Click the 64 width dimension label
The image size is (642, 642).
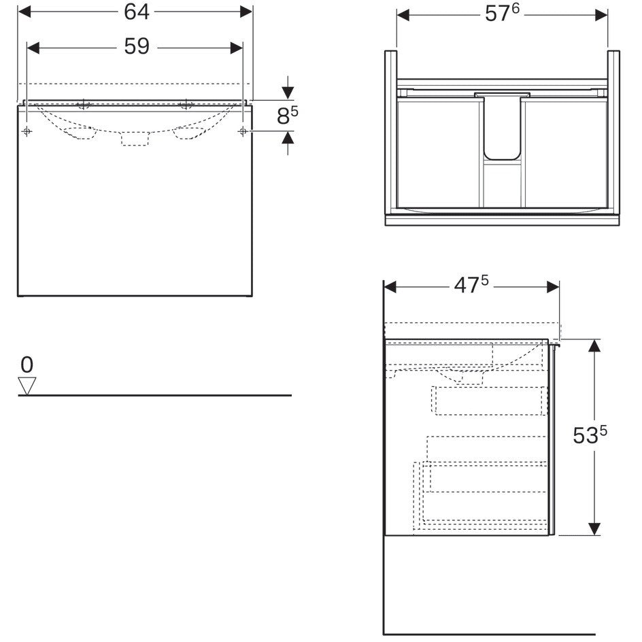pos(137,12)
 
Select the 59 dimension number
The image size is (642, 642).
pos(137,46)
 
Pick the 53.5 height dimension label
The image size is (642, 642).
pos(590,435)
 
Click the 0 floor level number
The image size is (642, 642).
pos(27,365)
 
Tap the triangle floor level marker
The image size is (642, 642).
pos(27,386)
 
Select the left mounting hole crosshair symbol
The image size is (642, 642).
pos(27,131)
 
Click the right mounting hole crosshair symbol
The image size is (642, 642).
pos(243,131)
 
